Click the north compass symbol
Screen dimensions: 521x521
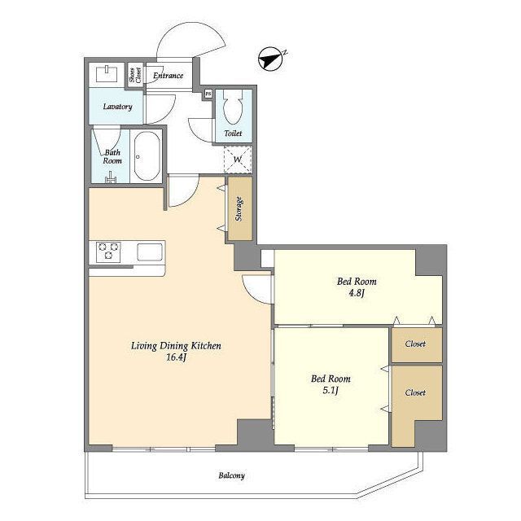(x=270, y=59)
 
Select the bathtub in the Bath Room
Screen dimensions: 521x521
(x=147, y=156)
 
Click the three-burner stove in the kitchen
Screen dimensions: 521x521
(x=108, y=252)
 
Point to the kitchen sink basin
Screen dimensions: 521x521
(x=150, y=252)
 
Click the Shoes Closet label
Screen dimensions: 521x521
(x=135, y=75)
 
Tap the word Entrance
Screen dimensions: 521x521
(x=169, y=76)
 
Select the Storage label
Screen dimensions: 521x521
(x=239, y=209)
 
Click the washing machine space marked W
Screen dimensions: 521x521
(x=238, y=160)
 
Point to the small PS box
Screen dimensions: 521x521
(x=208, y=94)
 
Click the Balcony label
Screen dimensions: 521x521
(x=231, y=475)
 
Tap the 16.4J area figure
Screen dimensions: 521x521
(x=176, y=357)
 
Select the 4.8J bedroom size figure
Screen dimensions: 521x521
(x=357, y=293)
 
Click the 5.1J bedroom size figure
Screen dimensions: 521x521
(x=331, y=391)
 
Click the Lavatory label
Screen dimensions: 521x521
(x=117, y=107)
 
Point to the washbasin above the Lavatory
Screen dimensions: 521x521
(x=107, y=73)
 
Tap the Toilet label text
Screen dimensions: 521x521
(x=233, y=134)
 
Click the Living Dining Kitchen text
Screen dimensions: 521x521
(x=176, y=346)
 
